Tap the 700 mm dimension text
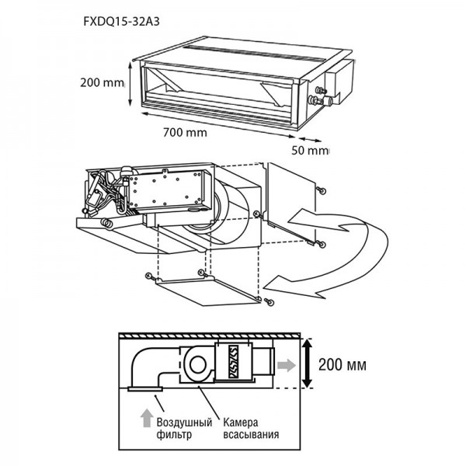pos(186,132)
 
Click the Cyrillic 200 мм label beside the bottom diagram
pos(342,363)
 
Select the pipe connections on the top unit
pos(318,99)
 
